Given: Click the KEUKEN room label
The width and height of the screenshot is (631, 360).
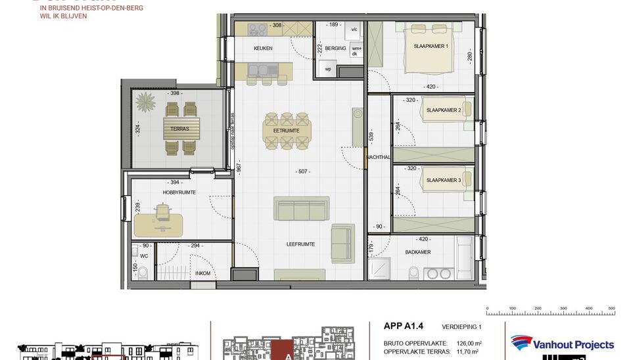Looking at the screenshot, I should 263,49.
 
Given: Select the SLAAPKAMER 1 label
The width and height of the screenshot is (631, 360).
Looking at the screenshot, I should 431,47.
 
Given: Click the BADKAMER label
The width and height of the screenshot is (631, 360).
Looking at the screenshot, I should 419,252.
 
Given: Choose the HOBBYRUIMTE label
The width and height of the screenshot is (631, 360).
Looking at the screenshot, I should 179,192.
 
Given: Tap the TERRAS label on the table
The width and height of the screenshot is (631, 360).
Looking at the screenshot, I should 179,129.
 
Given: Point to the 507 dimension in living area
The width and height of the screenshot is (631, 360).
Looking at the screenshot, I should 302,173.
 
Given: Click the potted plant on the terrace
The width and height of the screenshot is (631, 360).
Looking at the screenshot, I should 145,102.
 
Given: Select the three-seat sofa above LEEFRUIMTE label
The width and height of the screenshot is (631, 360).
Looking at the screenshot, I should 302,209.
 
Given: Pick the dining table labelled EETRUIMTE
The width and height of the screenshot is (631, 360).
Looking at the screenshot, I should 287,129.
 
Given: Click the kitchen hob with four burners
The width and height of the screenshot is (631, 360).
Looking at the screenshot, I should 256,30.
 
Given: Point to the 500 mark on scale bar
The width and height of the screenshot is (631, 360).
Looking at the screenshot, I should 611,307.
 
